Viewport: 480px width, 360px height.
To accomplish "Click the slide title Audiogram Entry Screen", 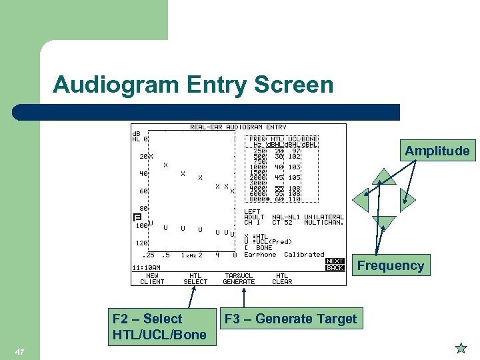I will [x=193, y=85].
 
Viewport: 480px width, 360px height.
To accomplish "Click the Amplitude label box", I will [x=437, y=151].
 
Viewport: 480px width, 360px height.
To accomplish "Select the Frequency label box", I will [x=390, y=265].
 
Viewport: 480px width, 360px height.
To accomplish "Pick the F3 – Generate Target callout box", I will [x=291, y=319].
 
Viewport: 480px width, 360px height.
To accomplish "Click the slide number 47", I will [x=19, y=351].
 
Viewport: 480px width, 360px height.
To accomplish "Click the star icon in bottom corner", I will [x=461, y=348].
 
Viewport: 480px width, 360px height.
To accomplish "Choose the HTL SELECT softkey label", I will [x=195, y=279].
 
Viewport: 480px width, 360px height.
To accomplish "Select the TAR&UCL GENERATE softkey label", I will [x=239, y=279].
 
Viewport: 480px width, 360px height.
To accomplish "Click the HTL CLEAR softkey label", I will [x=282, y=279].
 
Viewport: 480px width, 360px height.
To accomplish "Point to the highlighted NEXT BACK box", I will [x=335, y=264].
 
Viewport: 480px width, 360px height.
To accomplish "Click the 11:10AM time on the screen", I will [x=147, y=267].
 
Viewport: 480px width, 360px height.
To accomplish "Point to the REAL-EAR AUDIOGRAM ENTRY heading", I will [x=238, y=127].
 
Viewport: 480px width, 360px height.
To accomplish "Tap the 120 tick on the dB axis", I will [x=141, y=243].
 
